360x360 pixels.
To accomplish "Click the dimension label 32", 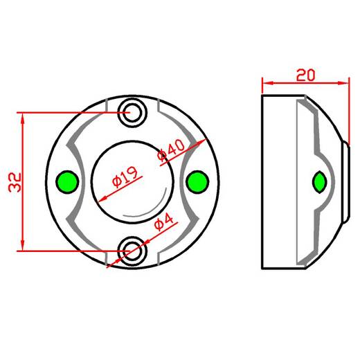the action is click(15, 182).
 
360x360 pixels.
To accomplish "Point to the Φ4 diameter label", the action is click(163, 222).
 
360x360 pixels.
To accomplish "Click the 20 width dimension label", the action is click(305, 75).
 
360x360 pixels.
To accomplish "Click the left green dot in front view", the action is click(67, 182).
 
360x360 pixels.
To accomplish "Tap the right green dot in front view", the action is click(197, 182).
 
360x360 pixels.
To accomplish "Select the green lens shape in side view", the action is click(319, 182).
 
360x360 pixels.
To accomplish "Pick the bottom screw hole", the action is click(132, 251).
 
